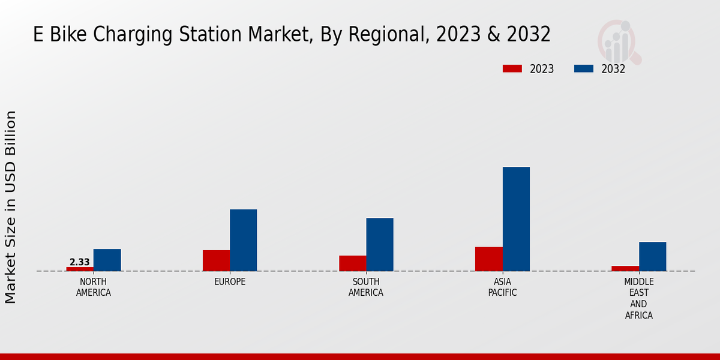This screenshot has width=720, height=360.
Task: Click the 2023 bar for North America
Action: pyautogui.click(x=80, y=269)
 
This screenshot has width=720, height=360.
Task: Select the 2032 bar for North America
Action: pyautogui.click(x=107, y=260)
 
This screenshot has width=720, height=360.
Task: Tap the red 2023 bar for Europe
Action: pyautogui.click(x=216, y=260)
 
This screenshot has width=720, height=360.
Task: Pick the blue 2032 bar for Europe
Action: pyautogui.click(x=243, y=240)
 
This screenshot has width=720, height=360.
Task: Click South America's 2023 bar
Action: pyautogui.click(x=352, y=263)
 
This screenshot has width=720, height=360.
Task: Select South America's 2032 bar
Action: pyautogui.click(x=380, y=244)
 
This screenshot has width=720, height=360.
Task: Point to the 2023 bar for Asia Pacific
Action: pyautogui.click(x=488, y=259)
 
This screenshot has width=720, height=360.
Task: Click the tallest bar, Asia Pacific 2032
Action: pyautogui.click(x=516, y=219)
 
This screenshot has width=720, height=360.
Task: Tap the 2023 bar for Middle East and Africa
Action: pyautogui.click(x=625, y=268)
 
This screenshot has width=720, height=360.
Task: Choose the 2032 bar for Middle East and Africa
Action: pyautogui.click(x=652, y=256)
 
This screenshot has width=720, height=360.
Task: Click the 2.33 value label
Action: pyautogui.click(x=80, y=262)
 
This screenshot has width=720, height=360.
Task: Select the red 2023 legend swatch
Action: pyautogui.click(x=512, y=69)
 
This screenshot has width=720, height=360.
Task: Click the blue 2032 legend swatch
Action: pyautogui.click(x=583, y=69)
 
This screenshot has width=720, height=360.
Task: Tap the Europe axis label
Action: pyautogui.click(x=230, y=282)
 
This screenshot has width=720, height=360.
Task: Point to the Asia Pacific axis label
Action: pyautogui.click(x=502, y=287)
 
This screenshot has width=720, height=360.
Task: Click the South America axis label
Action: pyautogui.click(x=366, y=287)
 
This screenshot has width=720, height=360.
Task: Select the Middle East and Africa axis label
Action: pyautogui.click(x=638, y=298)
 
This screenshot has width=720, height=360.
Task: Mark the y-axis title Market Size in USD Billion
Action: pyautogui.click(x=11, y=207)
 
